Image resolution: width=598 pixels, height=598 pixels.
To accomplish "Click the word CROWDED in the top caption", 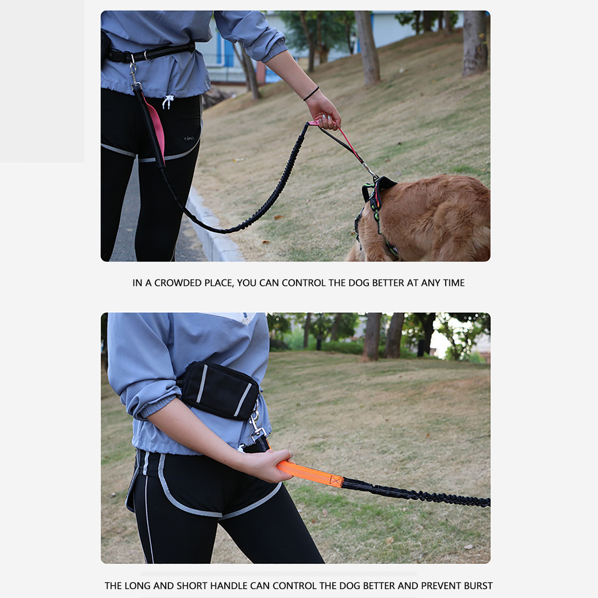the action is click(x=178, y=283).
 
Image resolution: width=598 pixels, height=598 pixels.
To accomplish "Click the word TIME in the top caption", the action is click(x=454, y=283).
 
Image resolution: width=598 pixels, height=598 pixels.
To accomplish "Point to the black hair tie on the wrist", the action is click(x=311, y=94).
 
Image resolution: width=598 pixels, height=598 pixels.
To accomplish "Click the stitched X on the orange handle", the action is click(x=336, y=481).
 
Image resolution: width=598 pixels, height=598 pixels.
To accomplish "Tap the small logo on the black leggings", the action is click(x=189, y=138).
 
